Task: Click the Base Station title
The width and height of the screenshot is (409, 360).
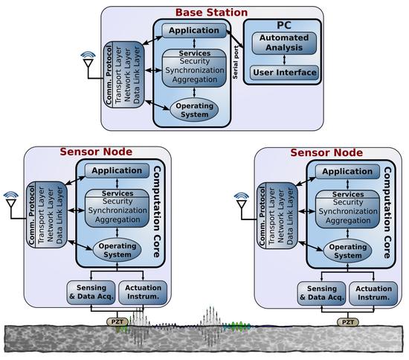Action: pos(212,12)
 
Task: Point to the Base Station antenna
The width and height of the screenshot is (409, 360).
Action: pos(88,61)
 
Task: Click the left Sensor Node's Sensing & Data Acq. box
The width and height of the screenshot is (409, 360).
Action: pos(91,293)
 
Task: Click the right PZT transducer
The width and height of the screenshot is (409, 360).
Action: pos(347,323)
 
